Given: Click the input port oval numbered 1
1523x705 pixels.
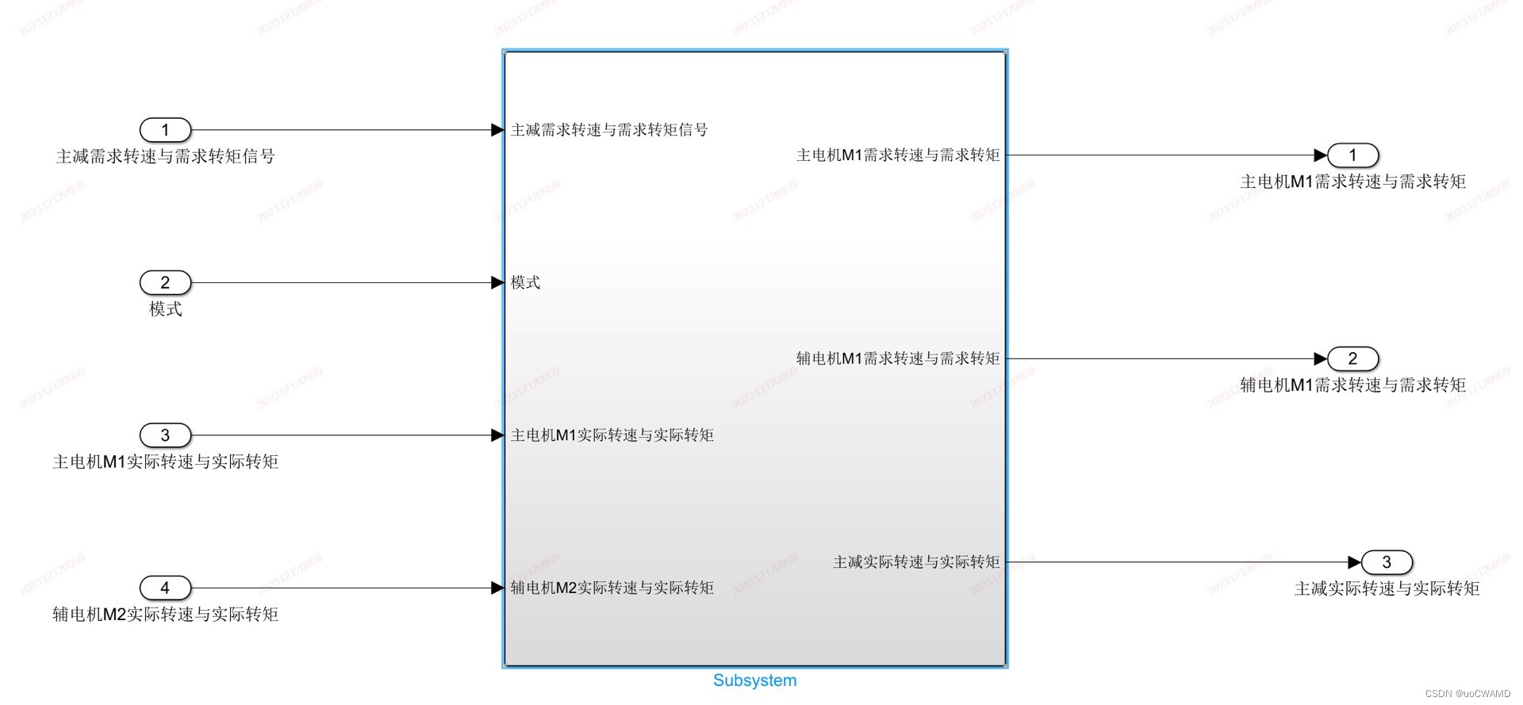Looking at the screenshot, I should [x=165, y=130].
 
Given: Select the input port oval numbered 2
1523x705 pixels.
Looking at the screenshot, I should [x=165, y=282].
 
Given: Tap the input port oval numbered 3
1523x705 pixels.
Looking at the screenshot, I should [x=165, y=435].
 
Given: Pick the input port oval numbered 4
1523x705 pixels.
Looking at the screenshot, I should [x=165, y=588].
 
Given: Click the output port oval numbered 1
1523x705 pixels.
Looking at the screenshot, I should [x=1352, y=155].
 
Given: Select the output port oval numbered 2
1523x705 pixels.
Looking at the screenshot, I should [x=1352, y=358].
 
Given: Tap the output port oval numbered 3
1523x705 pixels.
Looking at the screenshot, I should [x=1387, y=562].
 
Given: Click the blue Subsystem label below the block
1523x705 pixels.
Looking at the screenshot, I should [x=754, y=680].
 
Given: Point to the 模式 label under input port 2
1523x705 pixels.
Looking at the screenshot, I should [x=165, y=309].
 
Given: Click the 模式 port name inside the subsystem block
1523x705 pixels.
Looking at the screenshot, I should [x=525, y=282].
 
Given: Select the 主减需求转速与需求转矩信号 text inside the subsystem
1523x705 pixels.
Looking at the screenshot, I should [x=609, y=130].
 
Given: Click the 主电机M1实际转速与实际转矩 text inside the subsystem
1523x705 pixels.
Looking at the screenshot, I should [x=612, y=435].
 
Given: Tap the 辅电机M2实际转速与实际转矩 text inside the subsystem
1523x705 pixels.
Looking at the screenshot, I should [x=612, y=588].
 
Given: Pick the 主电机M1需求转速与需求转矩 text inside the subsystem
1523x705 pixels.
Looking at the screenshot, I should [x=898, y=155].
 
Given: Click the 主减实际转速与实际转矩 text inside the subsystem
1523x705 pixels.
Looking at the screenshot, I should [x=916, y=562].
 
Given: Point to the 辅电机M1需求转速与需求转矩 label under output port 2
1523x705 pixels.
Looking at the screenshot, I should [x=1352, y=385].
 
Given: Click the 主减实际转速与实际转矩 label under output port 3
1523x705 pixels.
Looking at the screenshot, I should [x=1387, y=588].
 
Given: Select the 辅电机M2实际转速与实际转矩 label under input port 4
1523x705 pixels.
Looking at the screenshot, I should [x=165, y=615].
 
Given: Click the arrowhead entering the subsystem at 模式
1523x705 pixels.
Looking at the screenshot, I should [x=497, y=282].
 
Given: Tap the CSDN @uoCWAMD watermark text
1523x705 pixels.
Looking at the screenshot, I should [x=1467, y=694].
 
